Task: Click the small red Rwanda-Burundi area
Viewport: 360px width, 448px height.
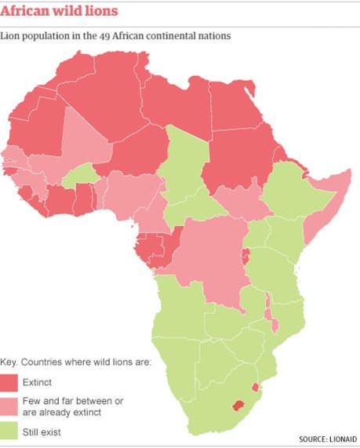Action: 245,255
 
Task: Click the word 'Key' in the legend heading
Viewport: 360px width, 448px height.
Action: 9,362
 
